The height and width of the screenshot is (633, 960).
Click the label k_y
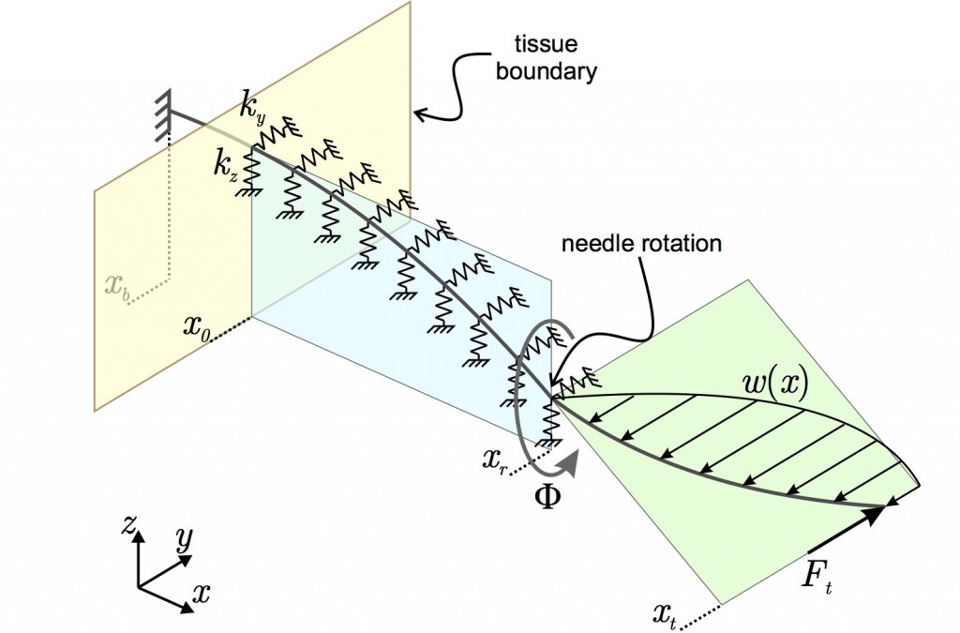(252, 110)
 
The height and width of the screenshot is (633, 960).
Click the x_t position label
(667, 615)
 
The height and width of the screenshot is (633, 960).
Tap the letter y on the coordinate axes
(184, 540)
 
